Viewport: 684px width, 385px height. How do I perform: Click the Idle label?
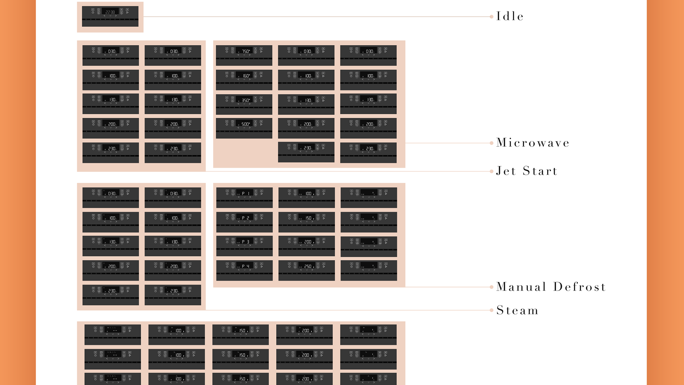coord(510,16)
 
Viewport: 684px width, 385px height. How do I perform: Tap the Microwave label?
coord(533,143)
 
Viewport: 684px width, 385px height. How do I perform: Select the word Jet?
coord(506,171)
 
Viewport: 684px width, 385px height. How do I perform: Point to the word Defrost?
coord(579,287)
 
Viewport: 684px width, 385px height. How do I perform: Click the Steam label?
coord(517,310)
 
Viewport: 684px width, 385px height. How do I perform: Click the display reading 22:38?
coord(110,12)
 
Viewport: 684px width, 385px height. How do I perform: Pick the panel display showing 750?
coord(246,51)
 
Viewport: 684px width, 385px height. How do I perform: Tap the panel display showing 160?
coord(246,76)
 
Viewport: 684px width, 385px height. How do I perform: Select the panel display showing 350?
coord(246,100)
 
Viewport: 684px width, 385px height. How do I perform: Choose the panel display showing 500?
coord(246,124)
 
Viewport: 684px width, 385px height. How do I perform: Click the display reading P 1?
coord(246,193)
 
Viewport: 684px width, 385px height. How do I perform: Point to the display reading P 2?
coord(246,218)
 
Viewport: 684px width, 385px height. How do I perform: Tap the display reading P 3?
coord(246,241)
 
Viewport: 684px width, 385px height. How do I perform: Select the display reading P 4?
coord(246,266)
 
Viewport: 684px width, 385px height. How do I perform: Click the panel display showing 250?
coord(308,266)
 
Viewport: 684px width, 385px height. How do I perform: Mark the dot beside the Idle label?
coord(492,17)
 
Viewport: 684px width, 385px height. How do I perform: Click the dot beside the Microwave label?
coord(492,143)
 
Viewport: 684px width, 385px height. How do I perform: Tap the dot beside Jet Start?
coord(492,171)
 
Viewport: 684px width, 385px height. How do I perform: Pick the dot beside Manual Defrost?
coord(492,287)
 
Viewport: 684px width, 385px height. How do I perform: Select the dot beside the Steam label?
coord(492,310)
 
